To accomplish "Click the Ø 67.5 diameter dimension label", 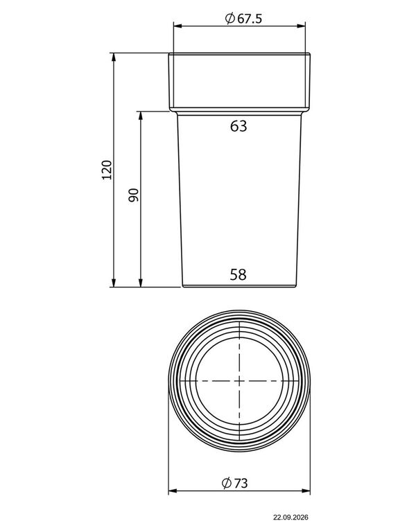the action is (x=244, y=18).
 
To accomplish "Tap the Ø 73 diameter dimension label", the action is (x=235, y=483).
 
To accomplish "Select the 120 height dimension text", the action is (x=107, y=170).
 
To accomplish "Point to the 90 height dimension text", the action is (x=133, y=195).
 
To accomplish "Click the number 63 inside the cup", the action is (x=239, y=126).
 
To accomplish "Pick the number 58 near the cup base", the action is (x=238, y=275).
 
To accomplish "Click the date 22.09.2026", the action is (x=291, y=517).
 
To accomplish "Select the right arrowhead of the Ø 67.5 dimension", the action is (x=301, y=26).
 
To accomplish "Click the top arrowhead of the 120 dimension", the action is (x=114, y=57).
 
